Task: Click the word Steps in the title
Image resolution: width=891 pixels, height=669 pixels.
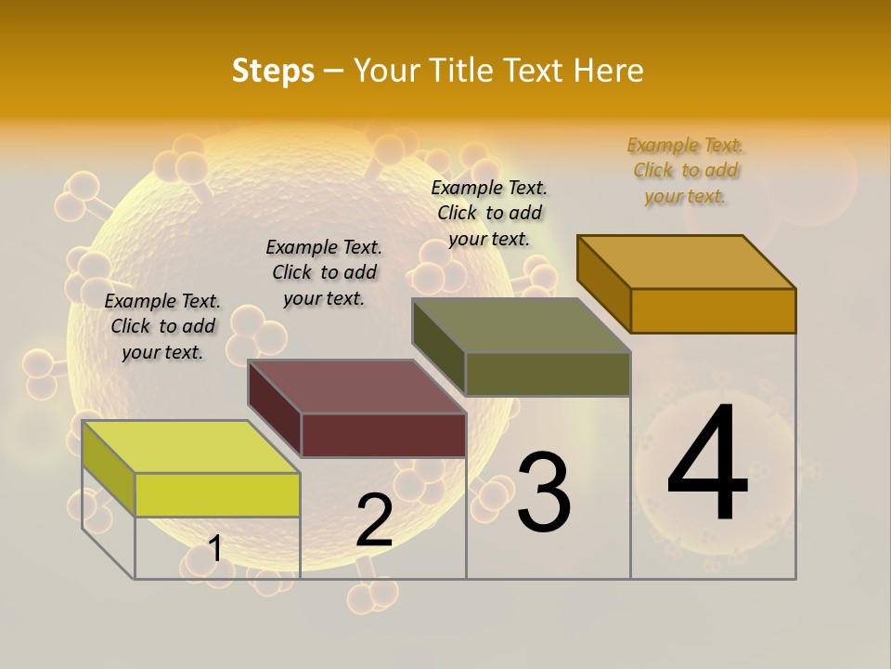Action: (273, 71)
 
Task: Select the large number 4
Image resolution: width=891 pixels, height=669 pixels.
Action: (708, 465)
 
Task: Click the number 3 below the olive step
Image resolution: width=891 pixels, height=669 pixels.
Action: (544, 492)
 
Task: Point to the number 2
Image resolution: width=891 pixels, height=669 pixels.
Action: (374, 520)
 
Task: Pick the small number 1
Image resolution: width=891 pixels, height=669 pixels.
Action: (215, 548)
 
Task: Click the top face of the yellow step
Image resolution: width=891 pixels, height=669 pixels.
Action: (191, 447)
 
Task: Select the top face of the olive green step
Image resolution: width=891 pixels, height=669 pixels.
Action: (522, 325)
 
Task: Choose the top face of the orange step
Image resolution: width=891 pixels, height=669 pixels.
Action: (687, 262)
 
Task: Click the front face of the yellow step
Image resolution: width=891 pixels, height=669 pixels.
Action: (218, 494)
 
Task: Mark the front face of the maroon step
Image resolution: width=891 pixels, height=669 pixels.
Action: (383, 435)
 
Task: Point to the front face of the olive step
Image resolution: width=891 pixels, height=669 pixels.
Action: (548, 374)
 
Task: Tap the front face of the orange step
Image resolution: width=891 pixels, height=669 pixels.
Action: (713, 310)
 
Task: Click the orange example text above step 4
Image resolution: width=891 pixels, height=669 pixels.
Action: (685, 171)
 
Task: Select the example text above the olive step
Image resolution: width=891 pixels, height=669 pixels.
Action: (489, 213)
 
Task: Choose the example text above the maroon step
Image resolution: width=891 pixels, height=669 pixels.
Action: (324, 272)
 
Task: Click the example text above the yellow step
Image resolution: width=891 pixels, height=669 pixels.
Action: (162, 326)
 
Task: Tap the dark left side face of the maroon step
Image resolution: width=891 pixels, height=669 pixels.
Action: (275, 409)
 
